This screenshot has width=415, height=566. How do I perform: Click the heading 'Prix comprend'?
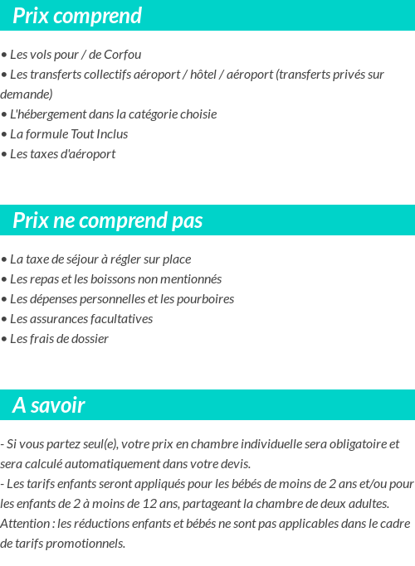[x=77, y=16]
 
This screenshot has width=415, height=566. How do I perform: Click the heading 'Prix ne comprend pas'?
[x=107, y=220]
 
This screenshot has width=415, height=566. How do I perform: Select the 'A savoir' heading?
[x=48, y=405]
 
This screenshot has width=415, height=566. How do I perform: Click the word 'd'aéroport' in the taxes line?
[x=88, y=154]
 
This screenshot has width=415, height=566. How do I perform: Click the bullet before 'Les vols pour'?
[x=4, y=55]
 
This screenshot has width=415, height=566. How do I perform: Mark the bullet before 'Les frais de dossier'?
[x=4, y=339]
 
